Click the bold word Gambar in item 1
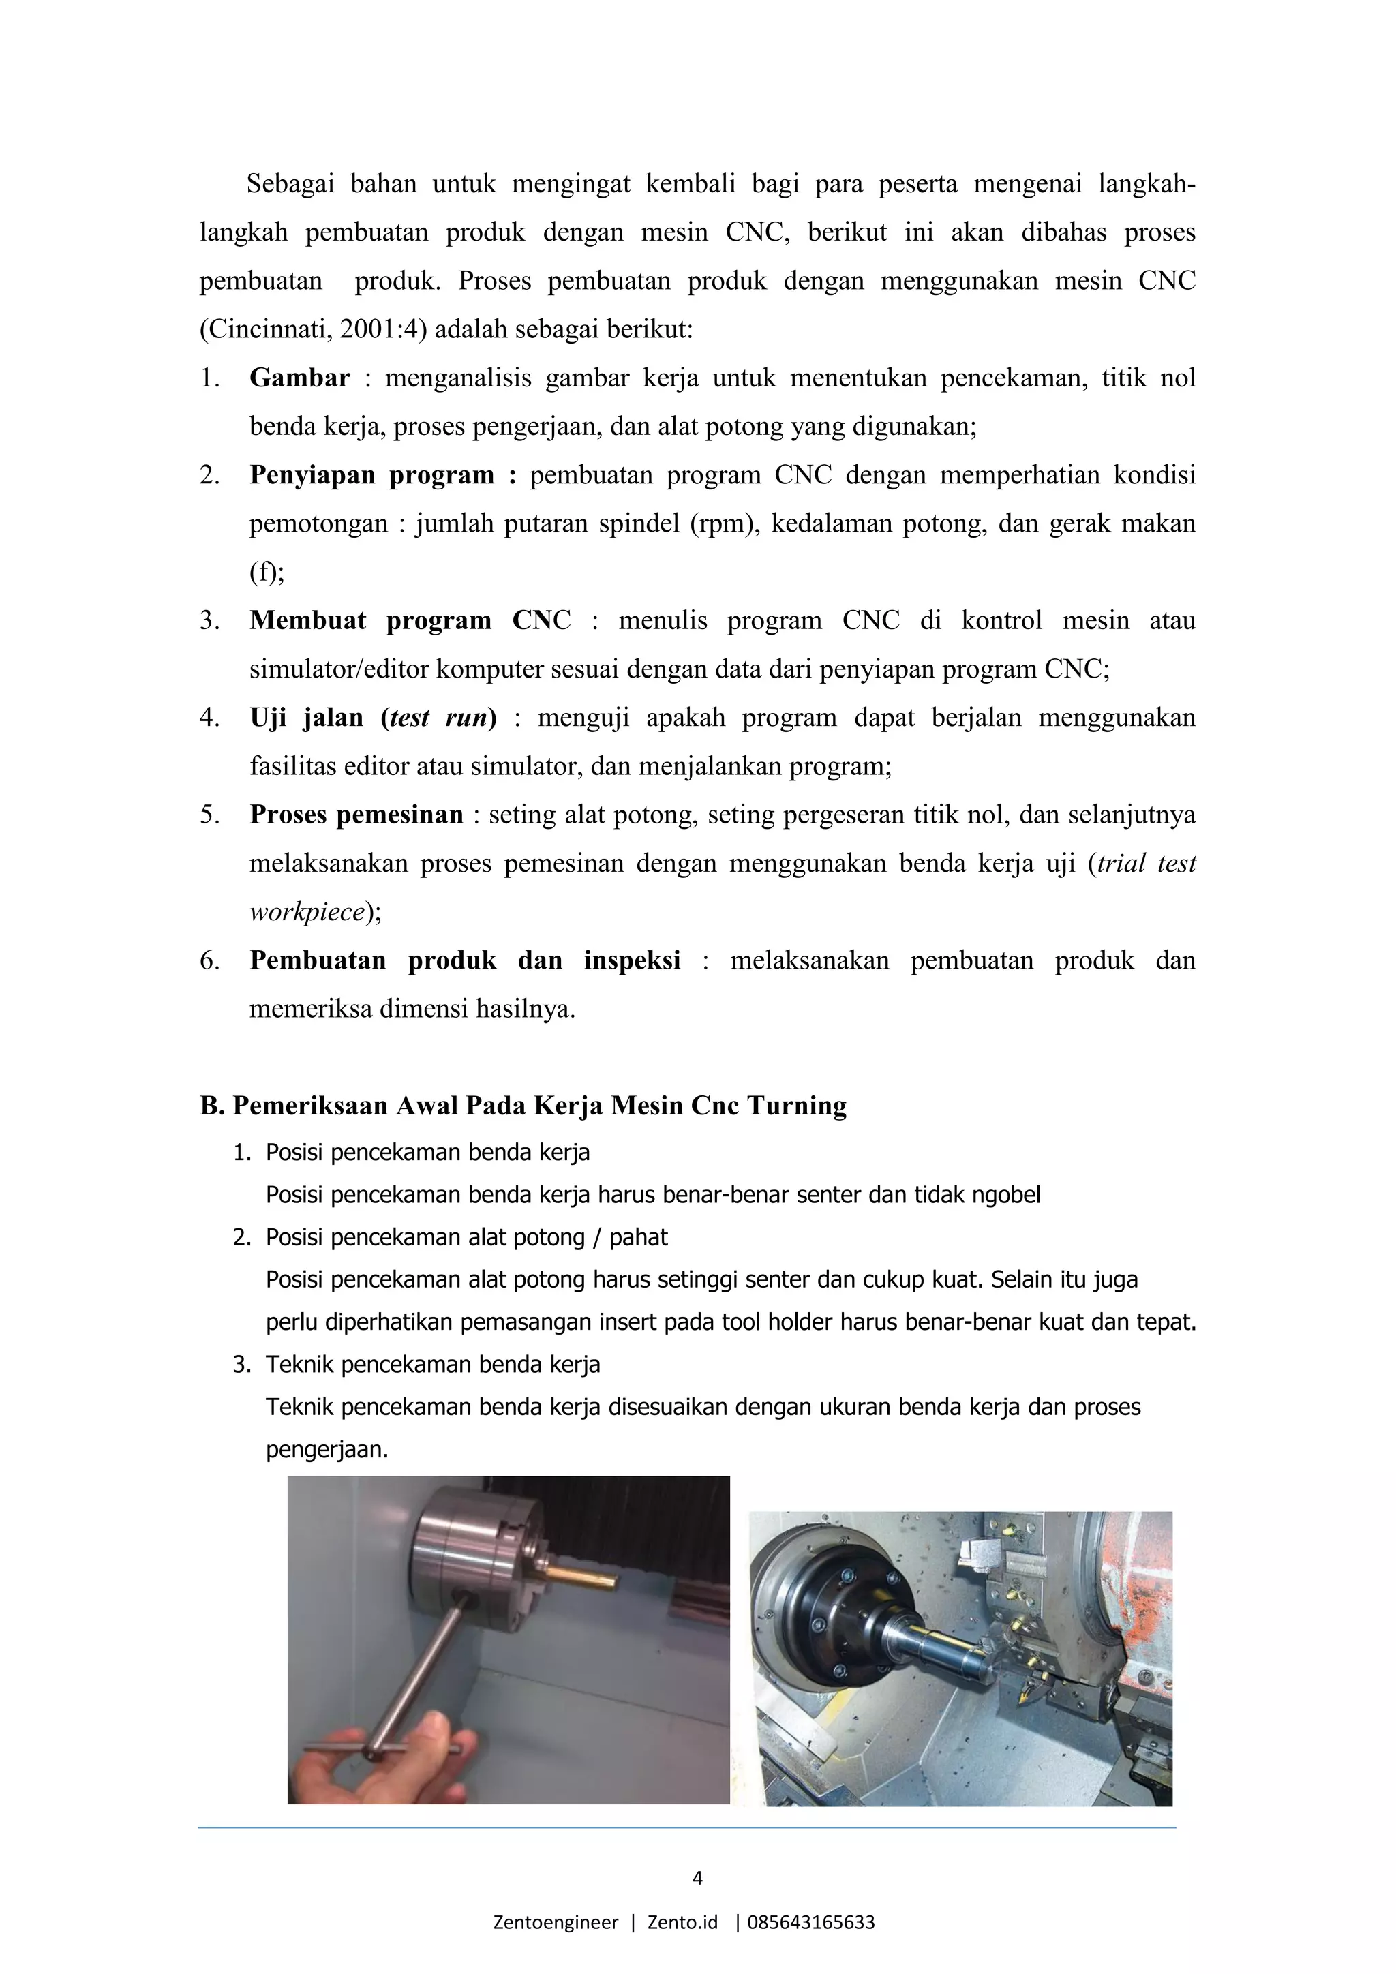click(x=299, y=378)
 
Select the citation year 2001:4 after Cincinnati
click(x=378, y=330)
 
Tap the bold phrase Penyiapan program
click(x=371, y=476)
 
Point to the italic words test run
click(x=438, y=718)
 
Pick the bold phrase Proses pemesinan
click(x=356, y=815)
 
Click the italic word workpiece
click(x=307, y=912)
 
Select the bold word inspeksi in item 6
click(x=632, y=960)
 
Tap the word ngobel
click(x=1005, y=1195)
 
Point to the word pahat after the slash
click(x=638, y=1237)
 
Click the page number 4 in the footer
click(x=697, y=1878)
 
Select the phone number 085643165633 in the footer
click(x=811, y=1922)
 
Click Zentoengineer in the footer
click(x=556, y=1922)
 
